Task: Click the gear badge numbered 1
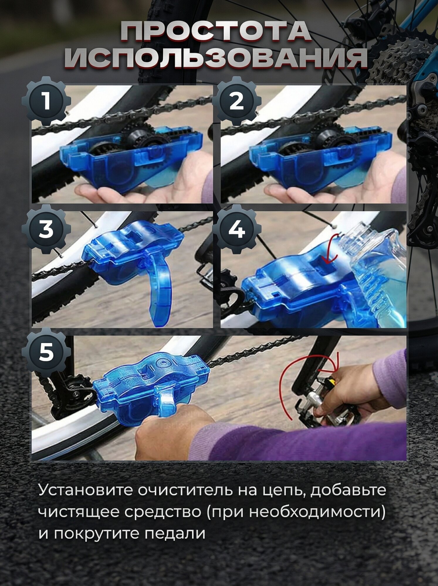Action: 46,101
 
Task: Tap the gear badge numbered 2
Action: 236,101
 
